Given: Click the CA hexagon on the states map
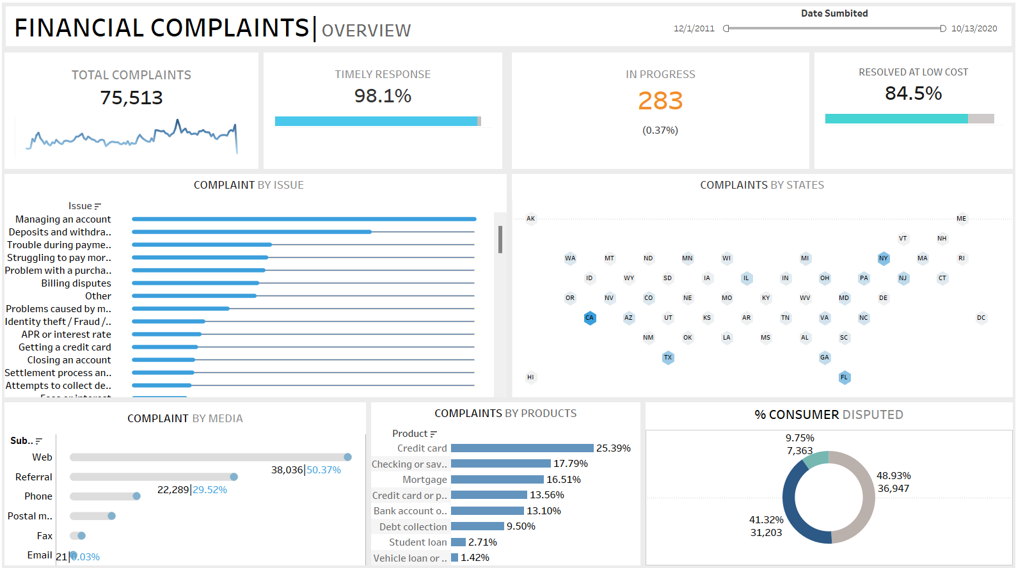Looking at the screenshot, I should (x=589, y=318).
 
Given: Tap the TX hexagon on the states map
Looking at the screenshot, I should (x=668, y=358).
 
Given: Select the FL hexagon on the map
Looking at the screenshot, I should (x=844, y=377).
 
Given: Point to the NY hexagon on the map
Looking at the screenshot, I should (x=884, y=258).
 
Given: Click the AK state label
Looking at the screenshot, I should (x=530, y=219).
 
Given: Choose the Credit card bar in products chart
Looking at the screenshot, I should (x=521, y=448).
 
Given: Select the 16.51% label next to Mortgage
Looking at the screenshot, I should (x=564, y=480).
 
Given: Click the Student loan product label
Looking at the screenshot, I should (x=418, y=542).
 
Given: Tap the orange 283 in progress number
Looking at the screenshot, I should (x=660, y=101).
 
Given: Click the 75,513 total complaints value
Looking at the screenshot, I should (x=131, y=98).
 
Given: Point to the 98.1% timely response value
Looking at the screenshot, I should (x=383, y=96).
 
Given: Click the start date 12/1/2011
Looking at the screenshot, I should (x=694, y=29).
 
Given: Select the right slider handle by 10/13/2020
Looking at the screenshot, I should (x=942, y=29).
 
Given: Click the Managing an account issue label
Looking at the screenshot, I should (x=63, y=219).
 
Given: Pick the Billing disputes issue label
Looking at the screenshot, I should (x=76, y=283).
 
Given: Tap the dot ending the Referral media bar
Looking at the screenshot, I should (x=234, y=477).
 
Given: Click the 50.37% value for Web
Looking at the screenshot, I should (x=324, y=470).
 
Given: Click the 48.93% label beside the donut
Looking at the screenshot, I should (x=893, y=476).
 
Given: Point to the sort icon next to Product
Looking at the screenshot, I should (x=434, y=434).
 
